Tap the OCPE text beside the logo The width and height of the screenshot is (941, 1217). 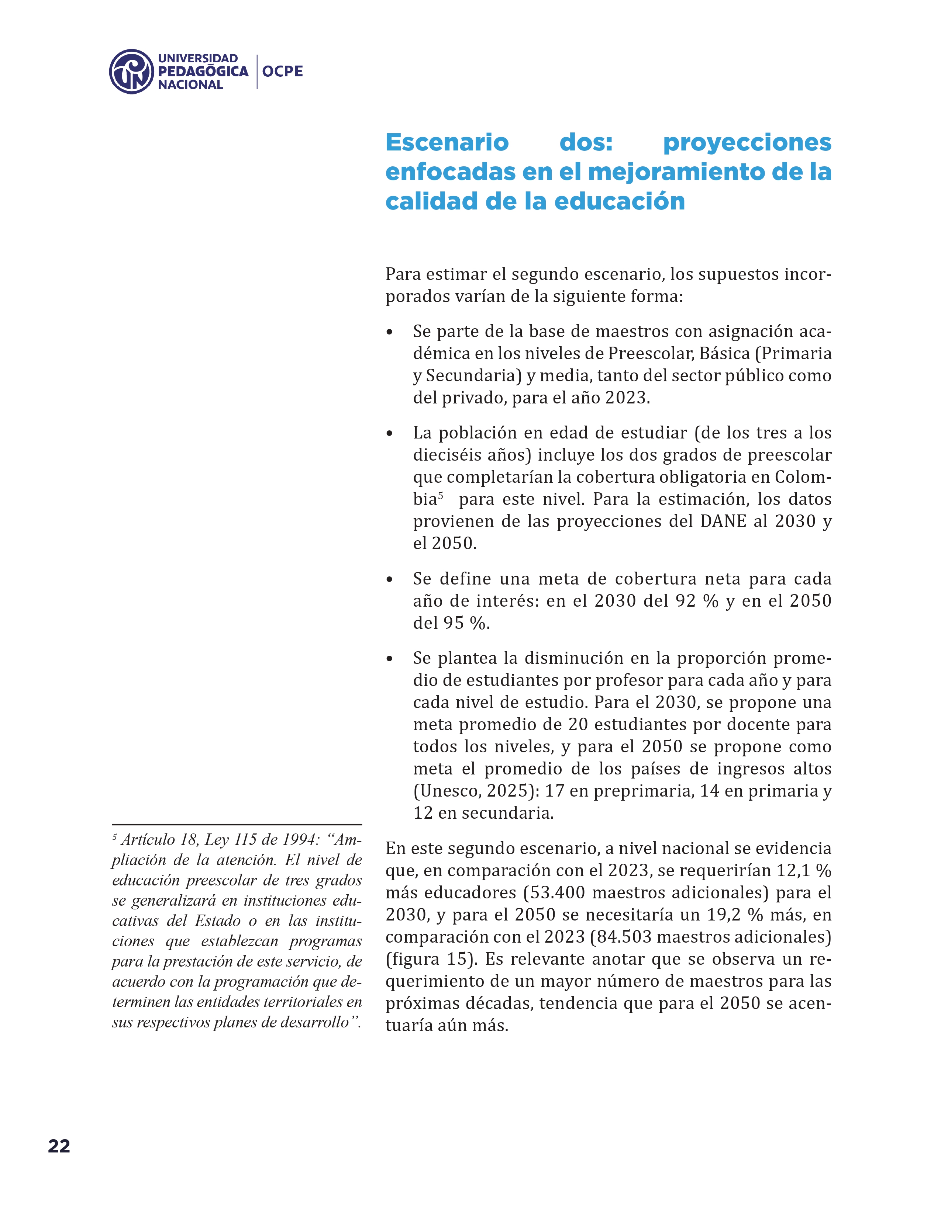(283, 71)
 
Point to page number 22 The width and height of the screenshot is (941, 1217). (59, 1146)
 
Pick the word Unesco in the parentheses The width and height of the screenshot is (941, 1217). (449, 791)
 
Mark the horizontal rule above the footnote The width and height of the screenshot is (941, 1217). (237, 825)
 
